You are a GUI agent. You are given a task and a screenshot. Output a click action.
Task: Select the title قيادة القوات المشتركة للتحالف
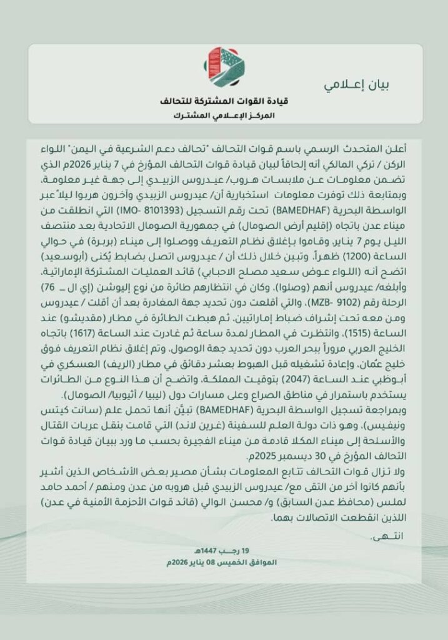[224, 102]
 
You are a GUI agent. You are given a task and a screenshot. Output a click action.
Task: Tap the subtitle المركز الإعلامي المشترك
[224, 116]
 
